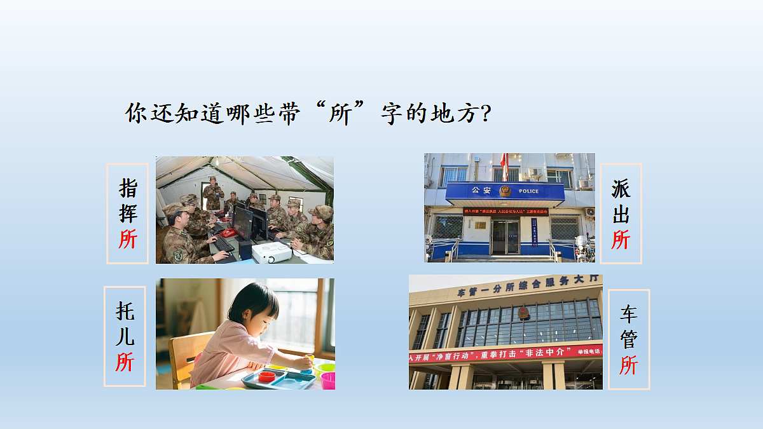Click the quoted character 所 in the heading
pyautogui.click(x=341, y=114)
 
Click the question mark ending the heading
pyautogui.click(x=485, y=114)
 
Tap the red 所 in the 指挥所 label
pyautogui.click(x=128, y=239)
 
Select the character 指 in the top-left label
pyautogui.click(x=128, y=188)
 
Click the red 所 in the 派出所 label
pyautogui.click(x=621, y=240)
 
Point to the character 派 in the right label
pyautogui.click(x=621, y=189)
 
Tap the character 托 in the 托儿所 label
pyautogui.click(x=125, y=311)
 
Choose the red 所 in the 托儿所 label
pyautogui.click(x=125, y=362)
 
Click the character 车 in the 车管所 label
pyautogui.click(x=629, y=314)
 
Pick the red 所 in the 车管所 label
pyautogui.click(x=629, y=365)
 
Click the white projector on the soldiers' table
pyautogui.click(x=272, y=252)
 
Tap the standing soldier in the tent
pyautogui.click(x=213, y=193)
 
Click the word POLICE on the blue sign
pyautogui.click(x=528, y=191)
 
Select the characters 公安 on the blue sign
pyautogui.click(x=481, y=191)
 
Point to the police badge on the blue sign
pyautogui.click(x=505, y=191)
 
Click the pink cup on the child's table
pyautogui.click(x=328, y=380)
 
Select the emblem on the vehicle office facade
pyautogui.click(x=523, y=313)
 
